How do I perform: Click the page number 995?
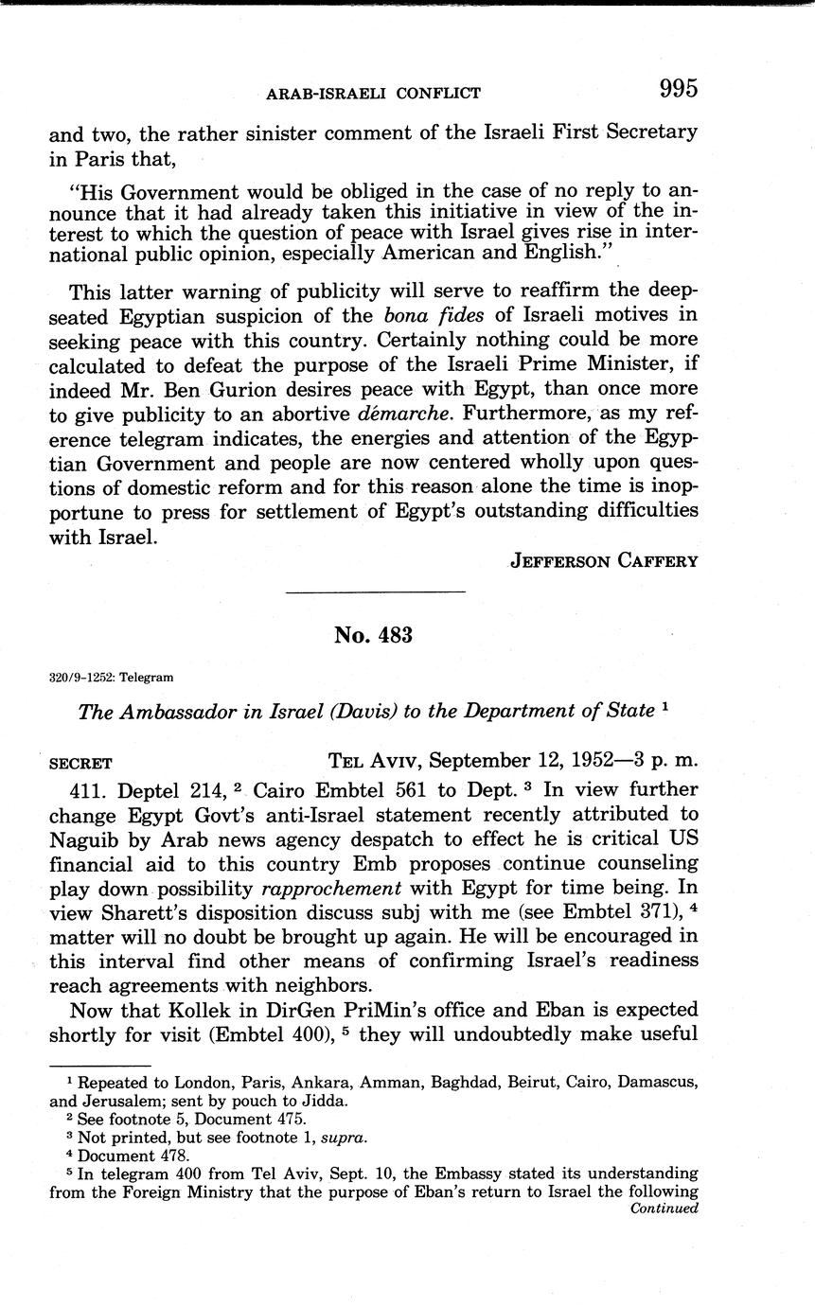click(679, 89)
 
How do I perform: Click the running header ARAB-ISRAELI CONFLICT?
click(373, 93)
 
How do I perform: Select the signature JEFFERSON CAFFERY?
click(604, 560)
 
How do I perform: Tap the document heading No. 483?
click(373, 635)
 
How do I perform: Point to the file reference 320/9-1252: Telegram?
click(109, 677)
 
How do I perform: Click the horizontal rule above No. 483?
click(374, 592)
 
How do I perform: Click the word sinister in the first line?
click(278, 132)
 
